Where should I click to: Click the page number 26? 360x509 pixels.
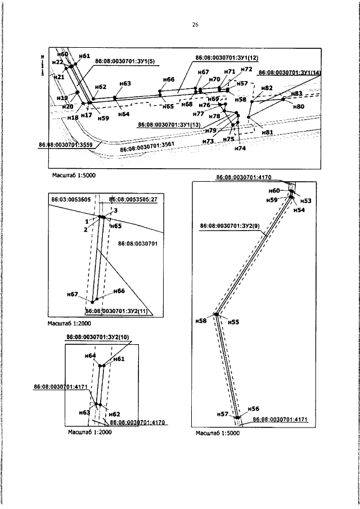point(195,25)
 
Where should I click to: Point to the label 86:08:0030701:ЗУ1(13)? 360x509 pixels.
point(169,124)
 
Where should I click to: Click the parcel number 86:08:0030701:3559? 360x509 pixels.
point(65,145)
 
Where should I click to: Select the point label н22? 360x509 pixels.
point(57,62)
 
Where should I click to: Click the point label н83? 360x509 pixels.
point(296,93)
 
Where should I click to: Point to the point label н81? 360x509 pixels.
point(267,132)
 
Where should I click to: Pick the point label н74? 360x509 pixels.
point(240,148)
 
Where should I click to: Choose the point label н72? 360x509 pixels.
point(246,70)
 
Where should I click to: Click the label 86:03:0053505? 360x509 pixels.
point(71,199)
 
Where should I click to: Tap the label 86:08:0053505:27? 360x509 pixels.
point(133,199)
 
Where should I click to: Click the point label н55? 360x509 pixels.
point(234,322)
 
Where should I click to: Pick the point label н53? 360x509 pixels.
point(305,201)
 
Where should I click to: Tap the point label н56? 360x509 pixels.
point(253,408)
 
